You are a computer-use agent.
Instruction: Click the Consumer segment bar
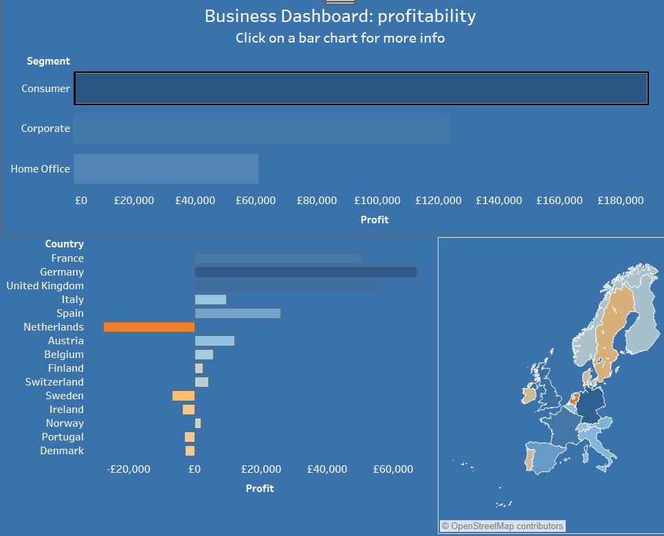(x=361, y=89)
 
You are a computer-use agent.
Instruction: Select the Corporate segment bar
(x=261, y=129)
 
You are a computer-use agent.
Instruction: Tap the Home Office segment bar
(x=166, y=169)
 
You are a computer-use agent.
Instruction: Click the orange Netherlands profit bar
(x=149, y=327)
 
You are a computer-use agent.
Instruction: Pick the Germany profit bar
(x=306, y=272)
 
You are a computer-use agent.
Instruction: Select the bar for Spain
(x=238, y=313)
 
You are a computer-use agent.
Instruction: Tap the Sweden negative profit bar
(x=184, y=396)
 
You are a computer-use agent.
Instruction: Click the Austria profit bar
(x=214, y=341)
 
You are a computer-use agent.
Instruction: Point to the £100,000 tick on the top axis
(x=377, y=201)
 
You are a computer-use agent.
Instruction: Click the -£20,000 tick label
(x=129, y=469)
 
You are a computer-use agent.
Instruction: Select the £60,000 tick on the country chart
(x=393, y=469)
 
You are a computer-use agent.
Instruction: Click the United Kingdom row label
(x=45, y=286)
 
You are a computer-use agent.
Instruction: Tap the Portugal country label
(x=63, y=437)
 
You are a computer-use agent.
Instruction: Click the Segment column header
(x=48, y=61)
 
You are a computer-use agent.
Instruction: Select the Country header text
(x=64, y=244)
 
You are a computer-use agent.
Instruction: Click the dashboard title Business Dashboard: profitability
(x=340, y=16)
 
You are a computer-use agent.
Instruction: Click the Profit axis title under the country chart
(x=259, y=489)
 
